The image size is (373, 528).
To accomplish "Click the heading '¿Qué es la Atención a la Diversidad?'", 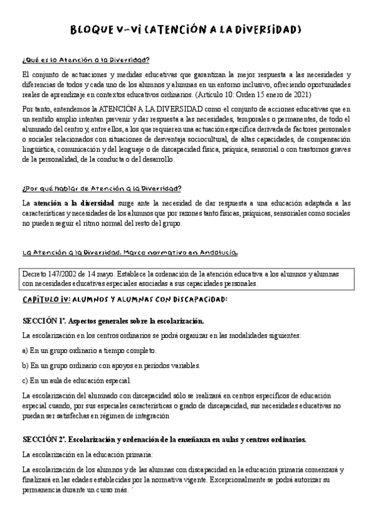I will pos(85,60).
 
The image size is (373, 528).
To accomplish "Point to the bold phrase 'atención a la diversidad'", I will pos(73,204).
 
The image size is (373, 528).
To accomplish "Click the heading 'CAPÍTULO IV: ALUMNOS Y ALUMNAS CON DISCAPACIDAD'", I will pos(125,299).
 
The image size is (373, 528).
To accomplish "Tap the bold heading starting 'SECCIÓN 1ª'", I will pos(113,321).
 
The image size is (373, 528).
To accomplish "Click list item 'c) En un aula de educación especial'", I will pos(77,380).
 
